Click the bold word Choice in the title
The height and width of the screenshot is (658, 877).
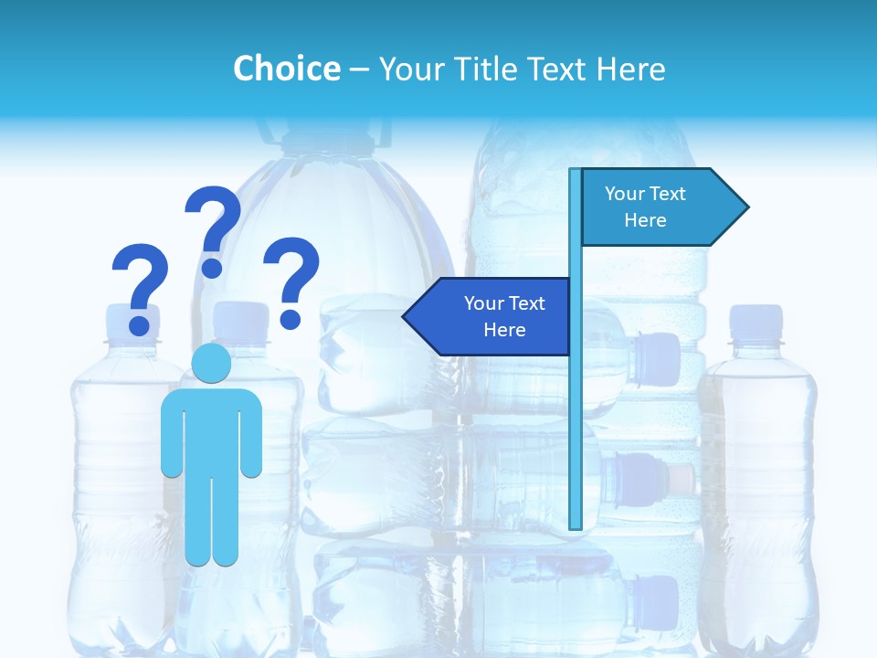tap(286, 69)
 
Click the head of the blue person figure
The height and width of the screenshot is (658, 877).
tap(212, 364)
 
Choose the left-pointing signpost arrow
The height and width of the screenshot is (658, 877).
tap(490, 317)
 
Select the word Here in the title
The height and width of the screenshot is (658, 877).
tap(630, 69)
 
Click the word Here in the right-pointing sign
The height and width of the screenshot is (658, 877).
tap(645, 220)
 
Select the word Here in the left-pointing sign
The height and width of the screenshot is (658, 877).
tap(504, 330)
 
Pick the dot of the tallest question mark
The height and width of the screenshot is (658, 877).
tap(212, 267)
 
